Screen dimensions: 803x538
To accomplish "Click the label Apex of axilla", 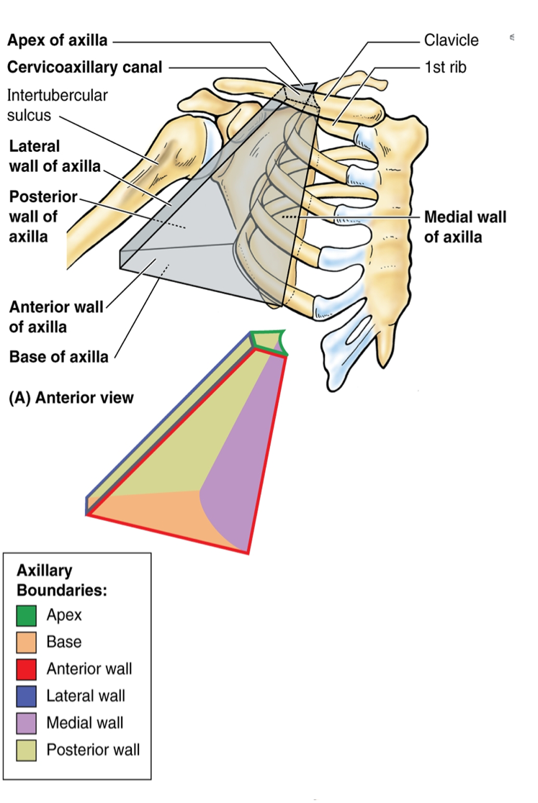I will click(x=57, y=41).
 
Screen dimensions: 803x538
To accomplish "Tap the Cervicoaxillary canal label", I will click(x=85, y=68).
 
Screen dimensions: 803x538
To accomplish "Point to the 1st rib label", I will click(x=444, y=68).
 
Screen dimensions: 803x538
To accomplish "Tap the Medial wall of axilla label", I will click(x=465, y=227).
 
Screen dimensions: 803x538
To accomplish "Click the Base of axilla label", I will click(x=58, y=356).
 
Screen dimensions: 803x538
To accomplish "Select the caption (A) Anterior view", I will click(x=71, y=397).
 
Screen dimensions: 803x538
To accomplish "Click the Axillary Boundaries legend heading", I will click(x=61, y=581).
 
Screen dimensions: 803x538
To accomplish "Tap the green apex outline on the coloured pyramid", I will click(x=268, y=341).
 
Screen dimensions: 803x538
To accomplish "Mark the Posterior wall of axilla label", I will click(x=42, y=216).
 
